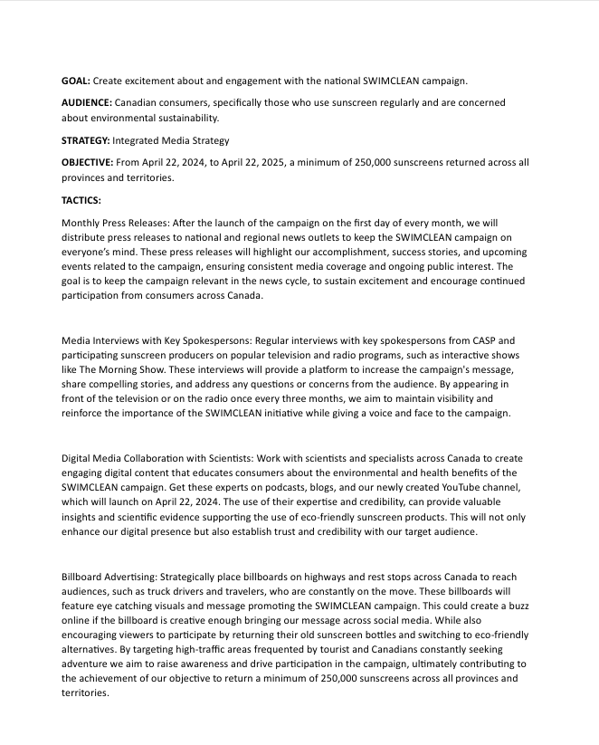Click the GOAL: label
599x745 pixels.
(75, 81)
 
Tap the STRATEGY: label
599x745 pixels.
(85, 140)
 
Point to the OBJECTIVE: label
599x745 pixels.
(87, 162)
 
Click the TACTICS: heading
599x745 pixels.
(81, 199)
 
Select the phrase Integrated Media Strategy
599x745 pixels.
(171, 140)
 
